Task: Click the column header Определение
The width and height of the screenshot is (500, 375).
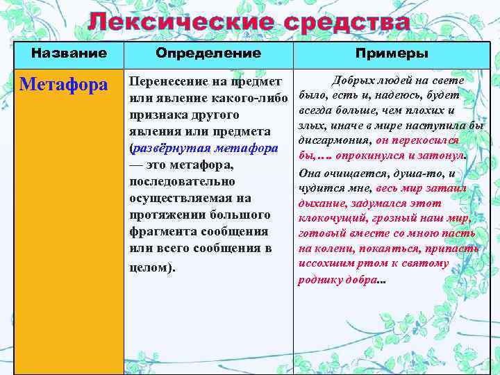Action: pyautogui.click(x=208, y=53)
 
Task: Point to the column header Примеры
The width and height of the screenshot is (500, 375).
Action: pyautogui.click(x=391, y=53)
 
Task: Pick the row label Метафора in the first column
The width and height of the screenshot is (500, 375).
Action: pyautogui.click(x=64, y=85)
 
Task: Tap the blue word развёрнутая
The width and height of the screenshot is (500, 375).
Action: pyautogui.click(x=172, y=148)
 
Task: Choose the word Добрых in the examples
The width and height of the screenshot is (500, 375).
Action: pyautogui.click(x=353, y=81)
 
